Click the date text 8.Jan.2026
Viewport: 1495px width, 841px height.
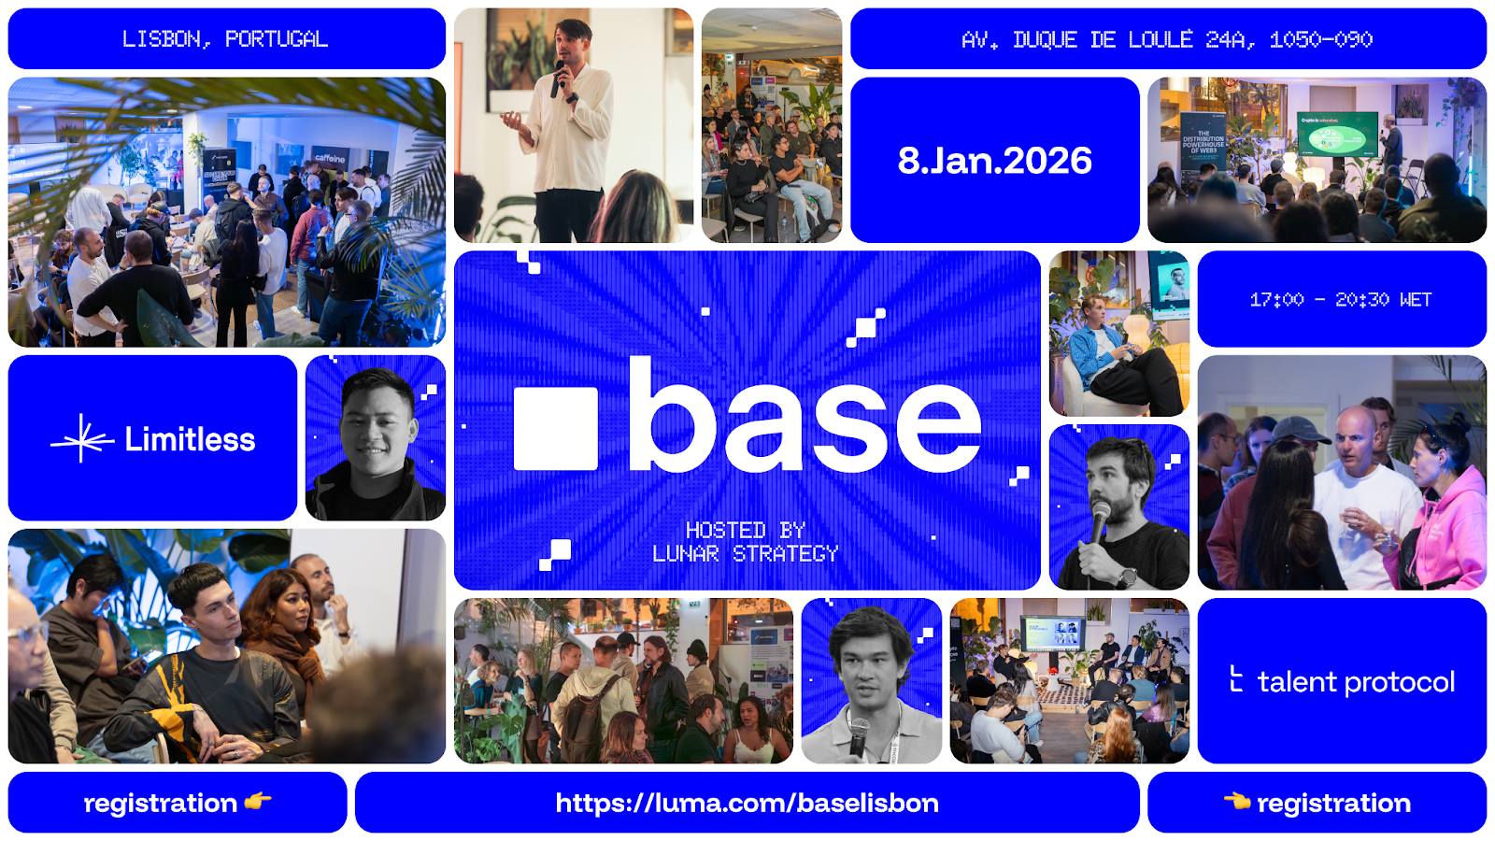click(x=994, y=161)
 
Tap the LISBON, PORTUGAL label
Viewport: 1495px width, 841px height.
click(x=225, y=39)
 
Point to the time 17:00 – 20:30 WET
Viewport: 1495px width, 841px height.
click(x=1341, y=299)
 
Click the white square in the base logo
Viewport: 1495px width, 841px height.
click(x=556, y=428)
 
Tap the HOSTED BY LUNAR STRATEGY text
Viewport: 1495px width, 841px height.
click(x=746, y=543)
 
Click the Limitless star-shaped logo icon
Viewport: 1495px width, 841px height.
click(x=82, y=438)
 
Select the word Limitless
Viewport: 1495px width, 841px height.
click(x=190, y=439)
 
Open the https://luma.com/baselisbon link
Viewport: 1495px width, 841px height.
click(x=747, y=803)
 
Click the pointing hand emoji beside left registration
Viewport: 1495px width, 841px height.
click(x=258, y=801)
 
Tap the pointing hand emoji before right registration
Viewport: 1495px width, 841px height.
click(x=1237, y=801)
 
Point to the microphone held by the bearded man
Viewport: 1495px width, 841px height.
click(x=1100, y=519)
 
